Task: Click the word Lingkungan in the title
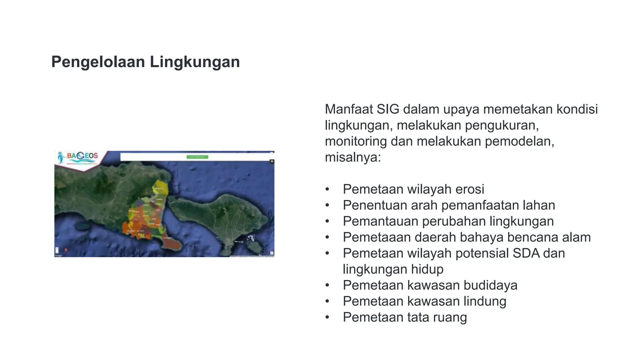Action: point(195,62)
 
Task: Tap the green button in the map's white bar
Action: point(197,157)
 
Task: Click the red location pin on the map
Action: point(66,250)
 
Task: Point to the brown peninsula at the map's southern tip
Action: point(172,243)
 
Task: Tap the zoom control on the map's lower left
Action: point(57,250)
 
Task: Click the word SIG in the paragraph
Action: point(388,109)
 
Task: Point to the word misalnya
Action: point(352,157)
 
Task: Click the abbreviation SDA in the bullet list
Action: point(526,253)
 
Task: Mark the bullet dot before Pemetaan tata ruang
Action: point(327,317)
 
